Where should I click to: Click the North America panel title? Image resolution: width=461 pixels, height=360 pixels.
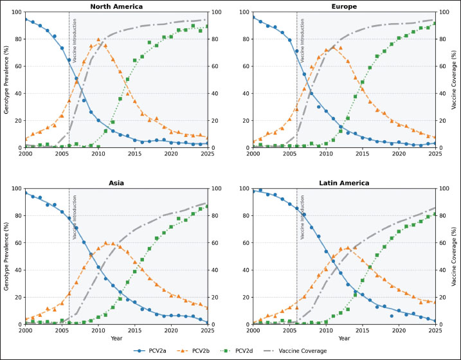[x=116, y=6]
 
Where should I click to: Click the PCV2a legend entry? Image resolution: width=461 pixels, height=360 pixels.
[x=152, y=350]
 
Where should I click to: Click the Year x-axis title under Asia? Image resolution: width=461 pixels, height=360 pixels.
[x=116, y=338]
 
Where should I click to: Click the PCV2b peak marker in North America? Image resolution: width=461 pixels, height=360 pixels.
[x=98, y=40]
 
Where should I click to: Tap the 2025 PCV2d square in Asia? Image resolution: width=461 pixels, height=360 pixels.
[x=207, y=206]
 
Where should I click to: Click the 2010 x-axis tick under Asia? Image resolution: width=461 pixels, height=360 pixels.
[x=98, y=330]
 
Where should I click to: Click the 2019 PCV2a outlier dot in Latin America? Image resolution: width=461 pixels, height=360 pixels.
[x=392, y=316]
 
